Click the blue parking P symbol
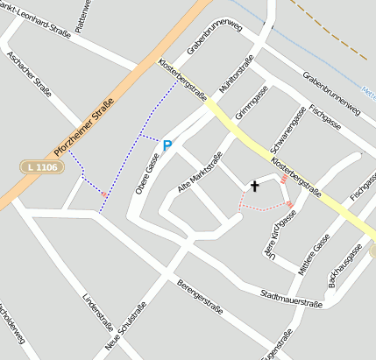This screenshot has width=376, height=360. point(167,145)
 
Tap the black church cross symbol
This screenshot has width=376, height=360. point(255,186)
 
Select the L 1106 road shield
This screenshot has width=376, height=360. point(42,166)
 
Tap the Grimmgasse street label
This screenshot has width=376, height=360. point(252,103)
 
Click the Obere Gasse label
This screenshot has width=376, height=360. point(147,172)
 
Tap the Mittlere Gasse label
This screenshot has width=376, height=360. point(314,255)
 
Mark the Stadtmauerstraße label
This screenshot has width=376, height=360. point(292,300)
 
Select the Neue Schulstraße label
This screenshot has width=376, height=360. point(124,329)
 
